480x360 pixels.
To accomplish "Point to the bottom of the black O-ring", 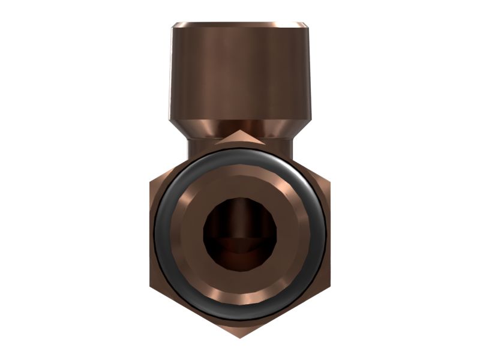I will pos(241,314).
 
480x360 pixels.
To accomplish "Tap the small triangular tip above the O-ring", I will pos(241,137).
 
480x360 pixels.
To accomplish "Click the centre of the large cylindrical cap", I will pos(241,72).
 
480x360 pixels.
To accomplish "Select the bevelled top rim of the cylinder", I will pos(241,25).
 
